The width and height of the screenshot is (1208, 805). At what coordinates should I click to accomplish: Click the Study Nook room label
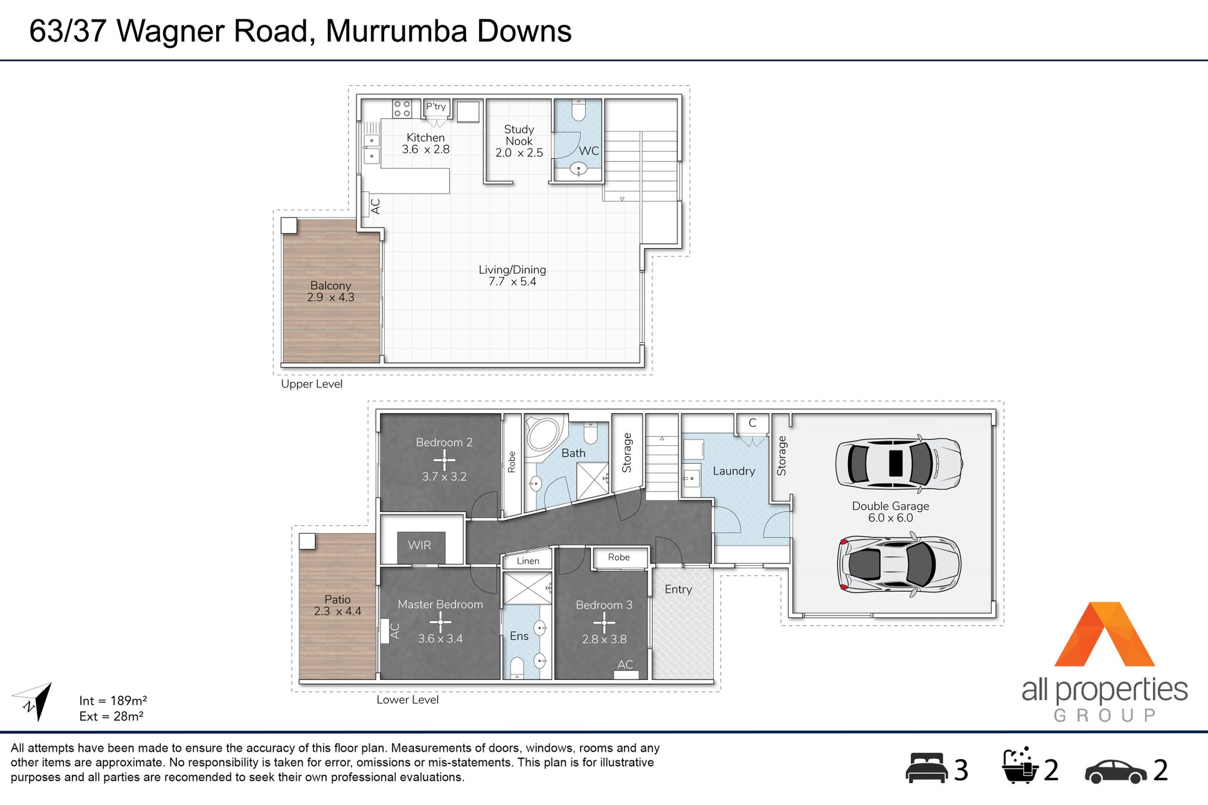click(x=519, y=135)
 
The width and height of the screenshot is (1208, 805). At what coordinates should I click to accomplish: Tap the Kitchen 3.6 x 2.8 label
click(x=426, y=144)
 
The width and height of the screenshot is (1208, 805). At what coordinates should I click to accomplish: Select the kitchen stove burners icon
click(x=402, y=109)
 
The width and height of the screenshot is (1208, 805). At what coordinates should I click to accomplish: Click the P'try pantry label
click(x=436, y=107)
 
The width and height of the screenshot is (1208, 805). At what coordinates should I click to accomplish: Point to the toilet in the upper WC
click(x=579, y=111)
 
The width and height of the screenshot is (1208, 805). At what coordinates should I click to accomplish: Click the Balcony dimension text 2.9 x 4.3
click(x=330, y=297)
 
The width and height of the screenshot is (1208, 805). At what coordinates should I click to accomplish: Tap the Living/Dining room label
click(x=512, y=270)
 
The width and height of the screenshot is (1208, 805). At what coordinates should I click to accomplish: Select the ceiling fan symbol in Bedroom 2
click(x=445, y=460)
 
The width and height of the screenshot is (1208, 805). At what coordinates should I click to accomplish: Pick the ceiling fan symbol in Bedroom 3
click(x=604, y=622)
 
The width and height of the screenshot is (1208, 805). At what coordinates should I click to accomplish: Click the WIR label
click(x=419, y=545)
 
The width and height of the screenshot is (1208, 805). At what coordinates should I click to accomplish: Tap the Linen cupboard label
click(x=528, y=561)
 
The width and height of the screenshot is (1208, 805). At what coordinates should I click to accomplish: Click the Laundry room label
click(x=734, y=471)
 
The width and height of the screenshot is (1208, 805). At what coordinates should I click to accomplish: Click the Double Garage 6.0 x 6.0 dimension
click(x=890, y=518)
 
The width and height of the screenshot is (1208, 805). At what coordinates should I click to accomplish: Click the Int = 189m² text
click(x=113, y=701)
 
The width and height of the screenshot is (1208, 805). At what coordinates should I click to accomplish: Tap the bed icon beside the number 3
click(x=927, y=768)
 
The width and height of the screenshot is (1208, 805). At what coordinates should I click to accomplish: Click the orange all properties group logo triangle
click(x=1104, y=634)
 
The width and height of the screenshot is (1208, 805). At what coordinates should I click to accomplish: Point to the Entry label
click(x=678, y=589)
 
